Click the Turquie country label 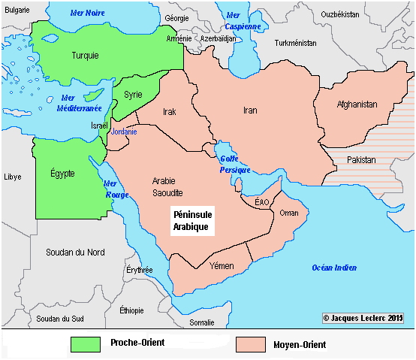(85, 56)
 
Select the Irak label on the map (169, 112)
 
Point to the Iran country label (250, 110)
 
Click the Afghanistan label (357, 104)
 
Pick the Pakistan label (361, 160)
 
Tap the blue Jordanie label (124, 132)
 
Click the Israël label (100, 126)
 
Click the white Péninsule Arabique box (193, 219)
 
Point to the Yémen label (222, 267)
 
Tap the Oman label (288, 213)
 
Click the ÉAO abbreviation (262, 202)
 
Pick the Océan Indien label (334, 268)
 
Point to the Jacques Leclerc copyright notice (363, 318)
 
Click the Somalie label (201, 322)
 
